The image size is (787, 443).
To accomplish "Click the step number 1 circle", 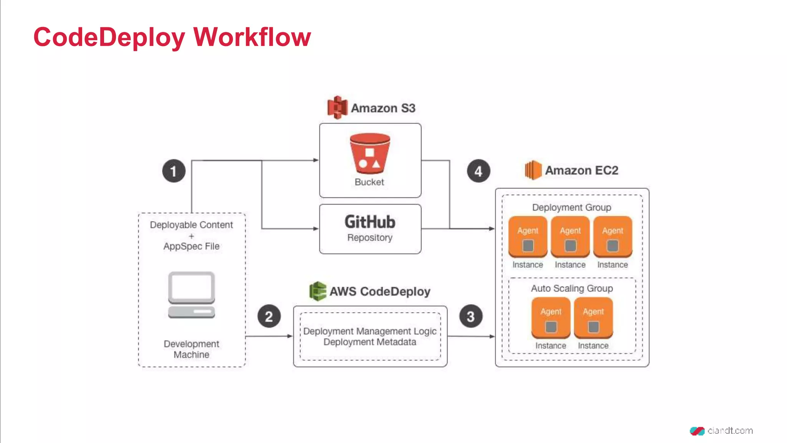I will (x=174, y=171).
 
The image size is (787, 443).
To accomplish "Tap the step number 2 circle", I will (x=269, y=316).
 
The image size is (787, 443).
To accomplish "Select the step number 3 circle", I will (x=471, y=316).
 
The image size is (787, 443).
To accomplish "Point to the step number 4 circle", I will (x=478, y=171).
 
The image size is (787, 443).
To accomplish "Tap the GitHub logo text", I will (x=370, y=222).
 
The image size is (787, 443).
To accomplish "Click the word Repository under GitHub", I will (x=370, y=238).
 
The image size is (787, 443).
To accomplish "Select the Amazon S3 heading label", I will (x=383, y=108).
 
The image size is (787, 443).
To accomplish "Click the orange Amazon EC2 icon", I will (x=533, y=170).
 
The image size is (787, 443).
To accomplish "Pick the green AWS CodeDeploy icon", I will (x=318, y=291).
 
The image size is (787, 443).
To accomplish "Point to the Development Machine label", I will (x=191, y=349).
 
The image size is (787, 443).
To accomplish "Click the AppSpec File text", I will (x=191, y=246).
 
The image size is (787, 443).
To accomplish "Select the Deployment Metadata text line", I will (x=370, y=342).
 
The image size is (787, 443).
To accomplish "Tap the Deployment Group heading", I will (x=571, y=207).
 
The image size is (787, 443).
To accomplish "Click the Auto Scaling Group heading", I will (x=572, y=288).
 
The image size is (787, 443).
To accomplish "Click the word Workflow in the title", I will (x=252, y=37).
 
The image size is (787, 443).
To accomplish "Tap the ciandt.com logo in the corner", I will (x=721, y=431).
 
